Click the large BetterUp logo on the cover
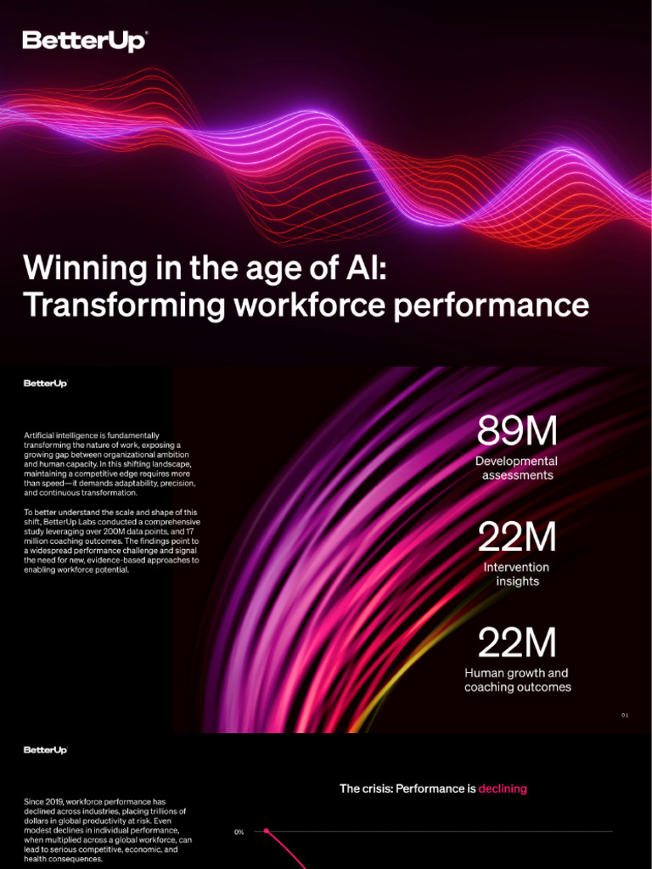click(x=85, y=41)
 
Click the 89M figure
click(x=517, y=432)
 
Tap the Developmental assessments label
click(x=517, y=468)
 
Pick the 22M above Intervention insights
click(x=517, y=537)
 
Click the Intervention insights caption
click(x=517, y=574)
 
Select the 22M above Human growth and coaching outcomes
click(x=517, y=643)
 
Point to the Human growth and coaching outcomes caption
click(x=517, y=680)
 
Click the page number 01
click(x=624, y=715)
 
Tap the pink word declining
click(x=503, y=788)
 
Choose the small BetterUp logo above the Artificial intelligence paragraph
click(x=45, y=384)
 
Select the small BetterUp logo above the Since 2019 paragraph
click(x=45, y=750)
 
